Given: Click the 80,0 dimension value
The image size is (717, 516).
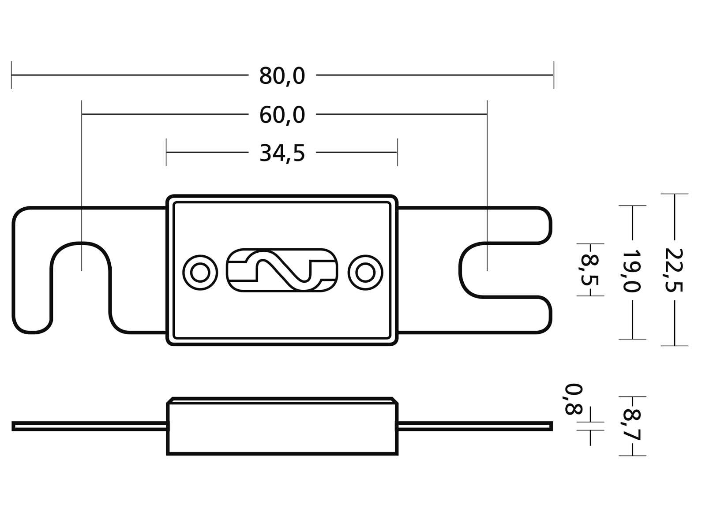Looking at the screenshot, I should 282,76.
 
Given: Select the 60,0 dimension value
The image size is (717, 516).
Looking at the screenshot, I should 282,116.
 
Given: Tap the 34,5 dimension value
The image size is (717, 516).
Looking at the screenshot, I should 282,153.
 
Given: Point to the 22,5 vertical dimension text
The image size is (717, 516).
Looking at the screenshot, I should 674,270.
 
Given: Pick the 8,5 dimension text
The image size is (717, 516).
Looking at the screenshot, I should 589,269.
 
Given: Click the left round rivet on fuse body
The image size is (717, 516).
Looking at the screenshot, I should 200,273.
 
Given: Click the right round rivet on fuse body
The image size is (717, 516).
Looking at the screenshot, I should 365,273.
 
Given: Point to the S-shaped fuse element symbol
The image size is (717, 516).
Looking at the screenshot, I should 282,270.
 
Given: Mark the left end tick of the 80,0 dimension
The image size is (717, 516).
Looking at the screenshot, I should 11,75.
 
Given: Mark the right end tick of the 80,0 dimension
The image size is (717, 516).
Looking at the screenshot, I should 553,75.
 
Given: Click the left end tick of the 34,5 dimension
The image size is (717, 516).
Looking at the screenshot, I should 166,152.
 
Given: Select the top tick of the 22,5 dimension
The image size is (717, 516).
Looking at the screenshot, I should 674,194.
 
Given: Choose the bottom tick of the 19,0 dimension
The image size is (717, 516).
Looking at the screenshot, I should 632,339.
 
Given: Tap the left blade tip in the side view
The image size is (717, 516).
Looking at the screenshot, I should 14,426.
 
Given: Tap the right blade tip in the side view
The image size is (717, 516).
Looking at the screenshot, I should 550,426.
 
